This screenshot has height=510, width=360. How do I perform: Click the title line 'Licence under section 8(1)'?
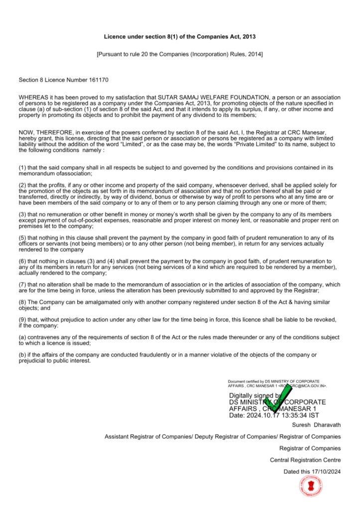pos(180,37)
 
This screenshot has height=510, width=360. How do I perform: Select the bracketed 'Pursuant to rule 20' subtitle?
pos(180,54)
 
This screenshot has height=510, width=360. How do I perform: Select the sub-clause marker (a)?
pos(23,338)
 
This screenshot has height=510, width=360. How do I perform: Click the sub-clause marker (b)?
pos(23,355)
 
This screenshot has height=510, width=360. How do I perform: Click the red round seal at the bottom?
pos(310,486)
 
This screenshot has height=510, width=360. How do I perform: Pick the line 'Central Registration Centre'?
pos(305,460)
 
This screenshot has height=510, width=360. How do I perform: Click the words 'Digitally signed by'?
pos(254,395)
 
